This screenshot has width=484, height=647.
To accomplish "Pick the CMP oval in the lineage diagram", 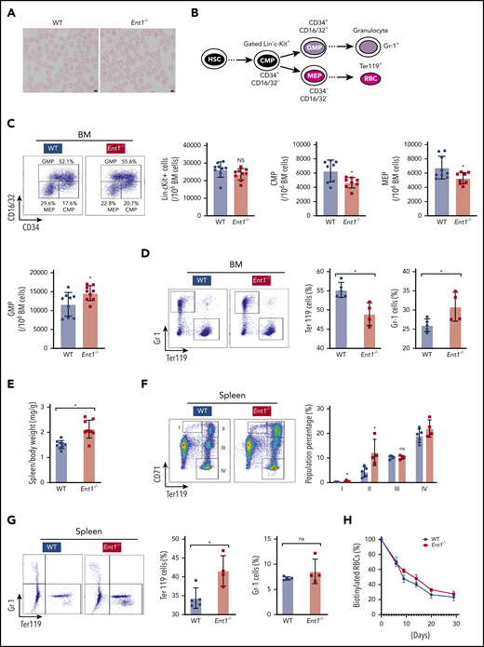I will click(295, 69).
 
